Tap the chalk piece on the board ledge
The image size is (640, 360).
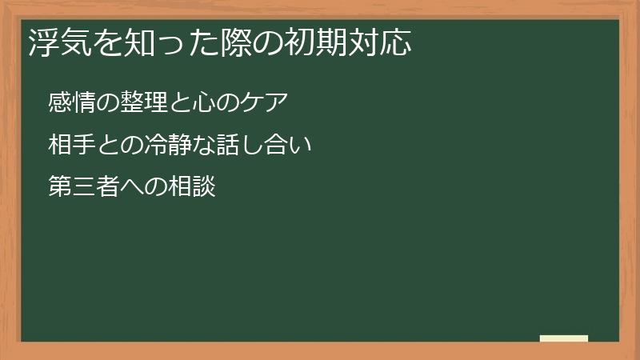coord(564,338)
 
